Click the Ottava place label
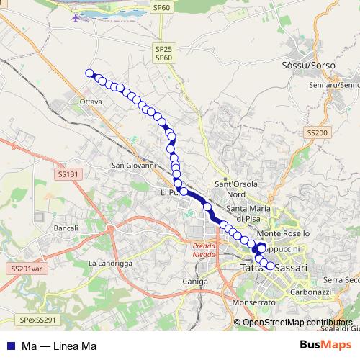coord(91,102)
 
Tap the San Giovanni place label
coord(133,165)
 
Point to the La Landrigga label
coord(110,264)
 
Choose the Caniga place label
coord(195,281)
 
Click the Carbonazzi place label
coord(310,293)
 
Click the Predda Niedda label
coord(203,248)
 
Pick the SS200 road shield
coord(317,133)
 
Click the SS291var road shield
coord(27,268)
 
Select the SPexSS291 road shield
coord(37,319)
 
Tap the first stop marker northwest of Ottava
coord(90,73)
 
